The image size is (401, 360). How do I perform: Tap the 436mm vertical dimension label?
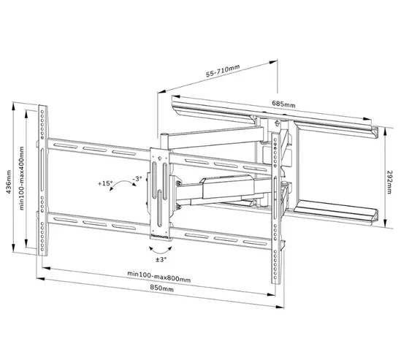9,179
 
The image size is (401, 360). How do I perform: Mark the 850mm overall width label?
161,290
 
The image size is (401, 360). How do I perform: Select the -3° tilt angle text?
137,179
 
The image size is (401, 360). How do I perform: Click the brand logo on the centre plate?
160,235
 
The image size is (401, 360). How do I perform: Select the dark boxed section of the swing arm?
219,188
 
